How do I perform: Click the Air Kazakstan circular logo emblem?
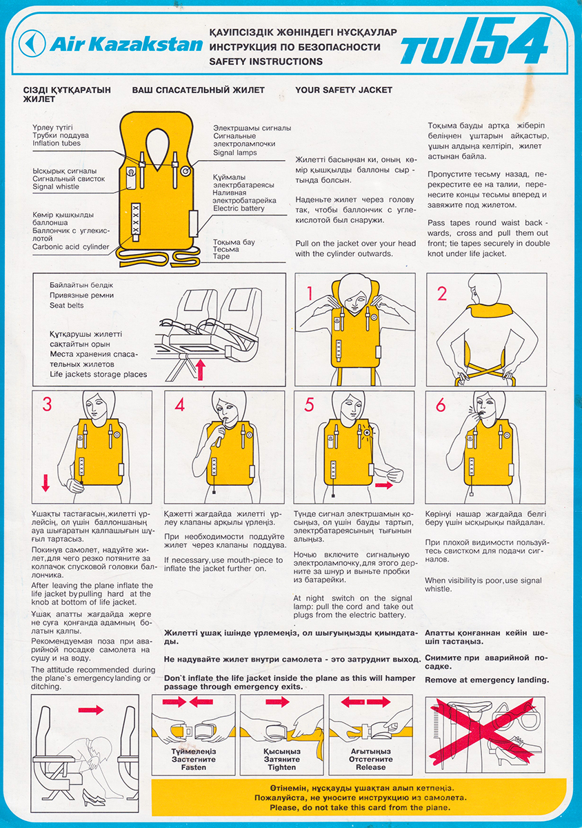[32, 43]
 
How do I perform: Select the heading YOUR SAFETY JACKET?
[343, 90]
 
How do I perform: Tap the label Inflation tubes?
[56, 144]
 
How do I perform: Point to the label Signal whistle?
[56, 187]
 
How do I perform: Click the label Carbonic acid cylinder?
[70, 247]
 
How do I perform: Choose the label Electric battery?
[239, 208]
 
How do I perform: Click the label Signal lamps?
[235, 152]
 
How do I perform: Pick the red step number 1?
[310, 293]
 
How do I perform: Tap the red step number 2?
[442, 293]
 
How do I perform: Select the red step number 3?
[47, 404]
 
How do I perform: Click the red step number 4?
[179, 405]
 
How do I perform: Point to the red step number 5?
[309, 404]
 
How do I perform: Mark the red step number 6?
[441, 405]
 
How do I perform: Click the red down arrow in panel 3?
[46, 483]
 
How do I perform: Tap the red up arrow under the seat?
[200, 370]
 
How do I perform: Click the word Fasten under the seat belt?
[194, 767]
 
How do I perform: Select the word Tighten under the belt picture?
[282, 767]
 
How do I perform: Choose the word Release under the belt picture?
[370, 767]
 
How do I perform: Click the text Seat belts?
[66, 305]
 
